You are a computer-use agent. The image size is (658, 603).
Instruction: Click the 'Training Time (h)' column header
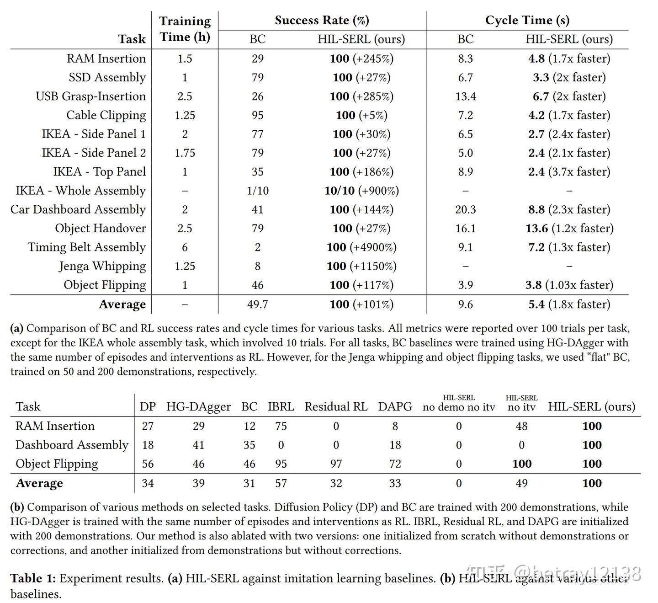point(185,29)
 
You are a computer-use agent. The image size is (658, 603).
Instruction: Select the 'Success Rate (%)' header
point(322,20)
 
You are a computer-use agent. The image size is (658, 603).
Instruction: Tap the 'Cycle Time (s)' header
point(527,20)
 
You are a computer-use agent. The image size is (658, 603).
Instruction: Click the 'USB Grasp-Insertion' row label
point(91,96)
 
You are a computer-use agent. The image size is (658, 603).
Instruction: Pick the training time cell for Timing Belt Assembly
point(185,247)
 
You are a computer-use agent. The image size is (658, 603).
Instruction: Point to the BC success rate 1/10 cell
point(257,191)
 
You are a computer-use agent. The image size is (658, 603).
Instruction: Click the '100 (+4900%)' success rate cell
point(361,247)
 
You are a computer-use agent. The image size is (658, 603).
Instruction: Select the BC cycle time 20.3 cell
point(465,209)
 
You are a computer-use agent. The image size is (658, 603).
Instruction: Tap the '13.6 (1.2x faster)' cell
point(569,228)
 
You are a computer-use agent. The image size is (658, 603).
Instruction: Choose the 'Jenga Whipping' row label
point(102,266)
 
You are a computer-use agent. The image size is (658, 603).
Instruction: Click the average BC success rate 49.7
point(257,304)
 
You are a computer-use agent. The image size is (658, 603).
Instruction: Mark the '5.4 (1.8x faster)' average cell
point(569,304)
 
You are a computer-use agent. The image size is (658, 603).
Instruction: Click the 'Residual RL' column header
point(336,406)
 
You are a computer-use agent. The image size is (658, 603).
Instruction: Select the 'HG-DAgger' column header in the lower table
point(198,406)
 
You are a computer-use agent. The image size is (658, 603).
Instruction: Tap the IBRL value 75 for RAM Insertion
point(281,426)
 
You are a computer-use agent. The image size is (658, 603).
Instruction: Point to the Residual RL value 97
point(336,464)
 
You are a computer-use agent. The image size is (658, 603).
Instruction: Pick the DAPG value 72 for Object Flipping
point(395,464)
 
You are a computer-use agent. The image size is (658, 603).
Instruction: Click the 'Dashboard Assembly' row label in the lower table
point(72,445)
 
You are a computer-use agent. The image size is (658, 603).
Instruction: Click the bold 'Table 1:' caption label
point(33,578)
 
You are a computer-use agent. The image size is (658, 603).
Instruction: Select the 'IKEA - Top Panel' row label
point(100,172)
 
